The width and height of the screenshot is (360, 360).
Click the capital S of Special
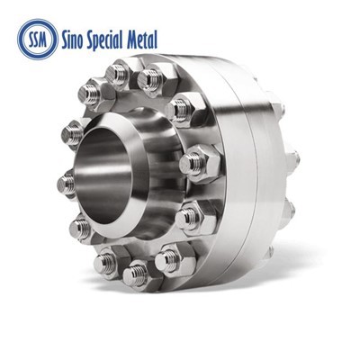103,39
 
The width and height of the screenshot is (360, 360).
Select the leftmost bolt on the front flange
67,184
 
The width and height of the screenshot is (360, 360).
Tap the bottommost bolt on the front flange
136,273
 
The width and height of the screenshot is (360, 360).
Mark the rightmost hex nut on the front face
196,163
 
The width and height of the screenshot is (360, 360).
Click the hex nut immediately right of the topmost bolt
150,79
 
